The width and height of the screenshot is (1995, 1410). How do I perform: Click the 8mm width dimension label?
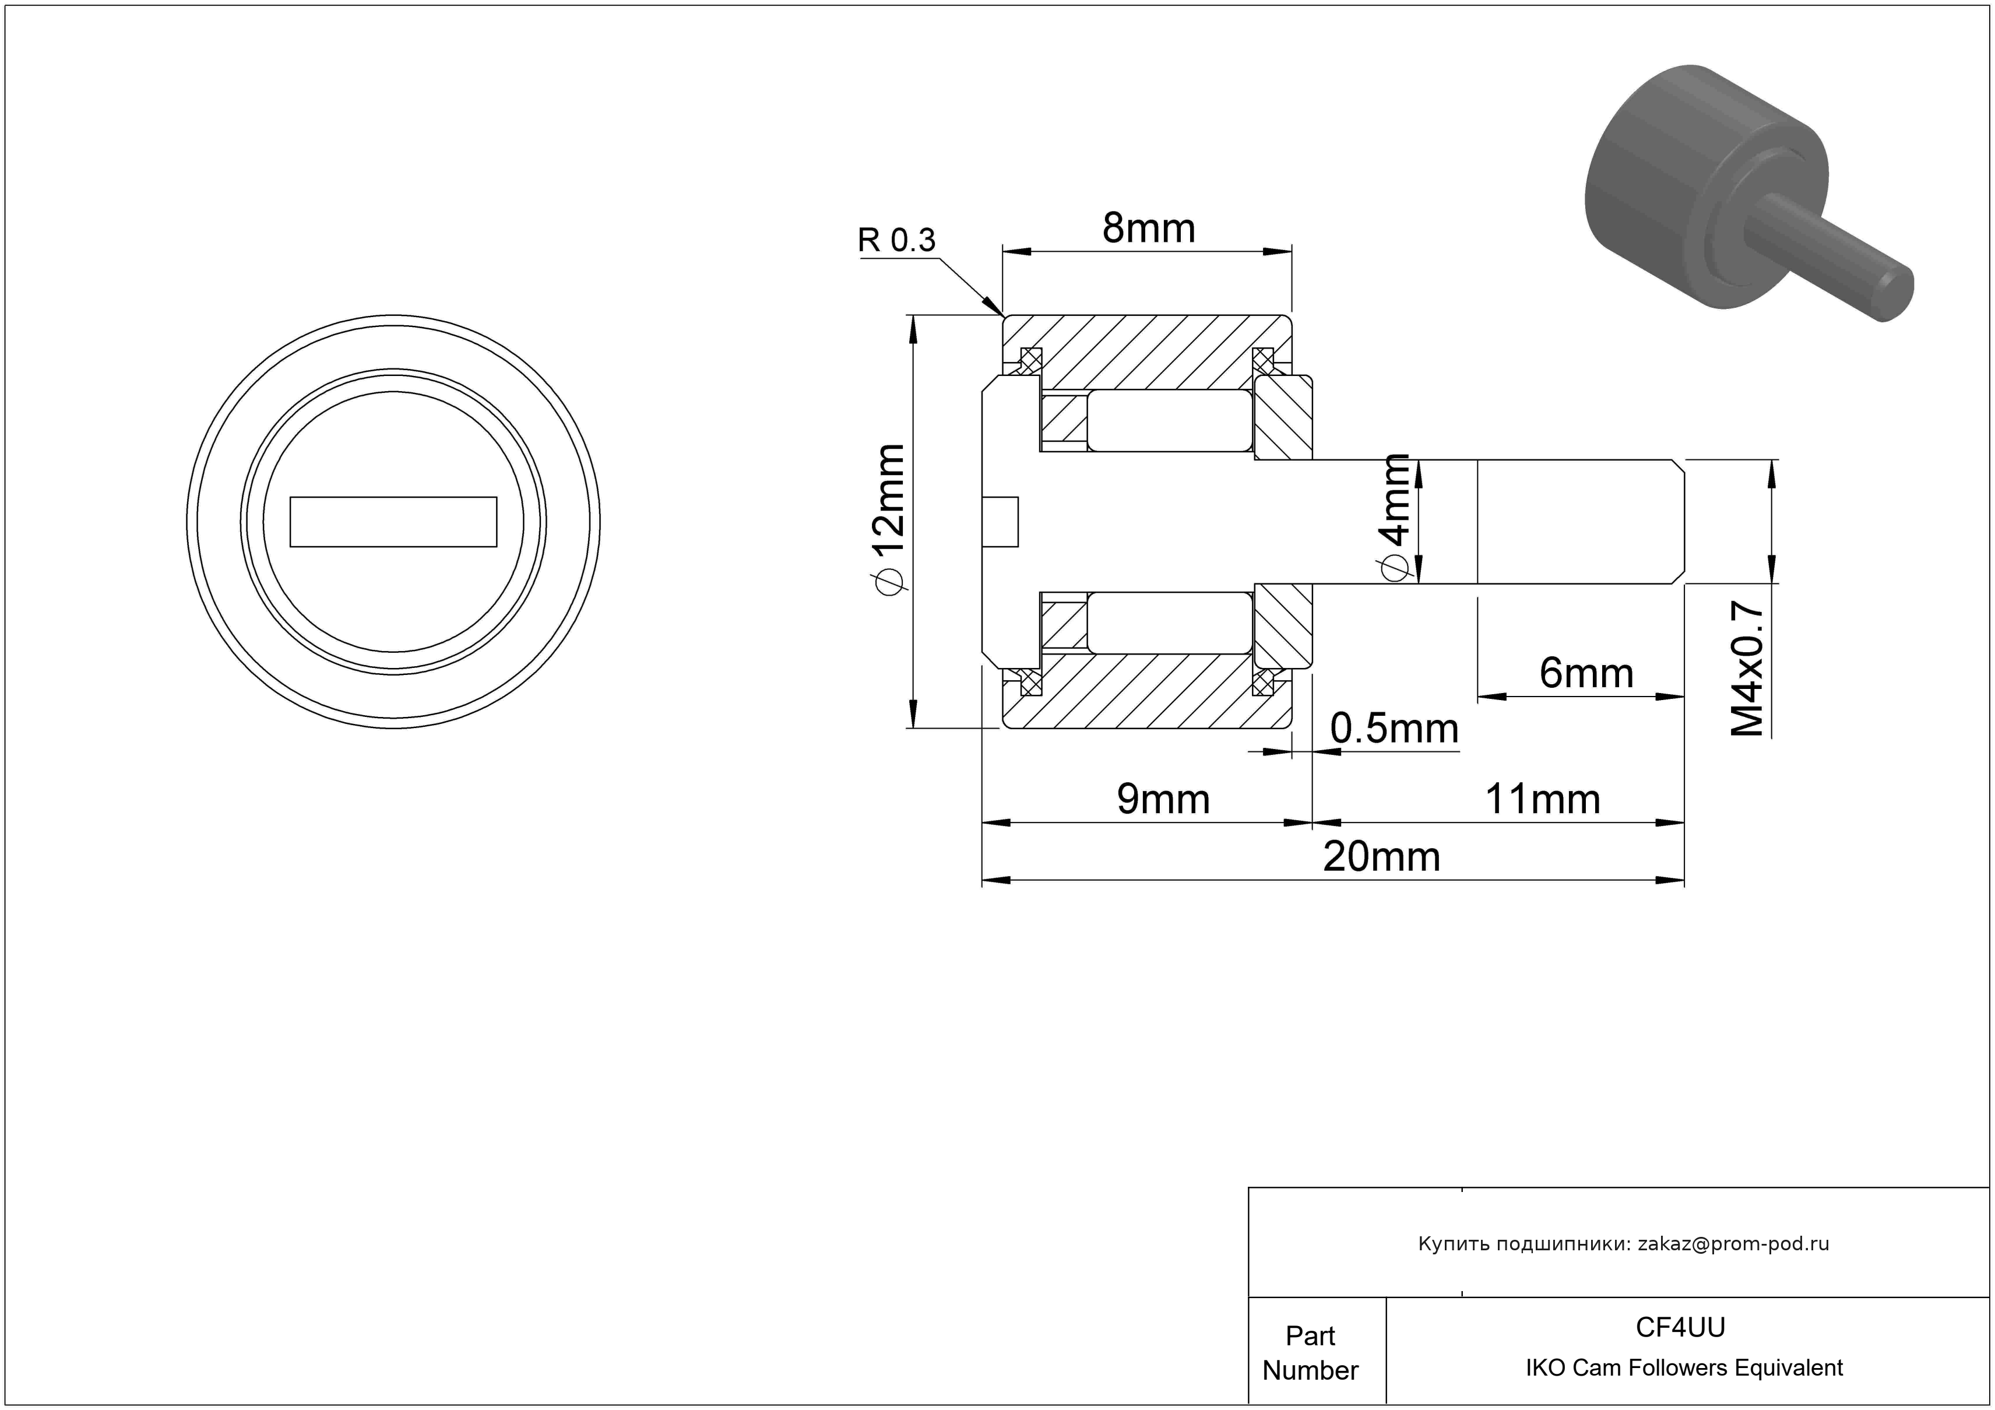(1149, 228)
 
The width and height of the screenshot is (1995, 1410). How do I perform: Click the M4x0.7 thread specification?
(1747, 670)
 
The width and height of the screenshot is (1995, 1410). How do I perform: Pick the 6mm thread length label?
(1586, 673)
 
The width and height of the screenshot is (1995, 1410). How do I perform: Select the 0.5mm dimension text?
(1395, 729)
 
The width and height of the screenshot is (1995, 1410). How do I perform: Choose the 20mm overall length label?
(1381, 857)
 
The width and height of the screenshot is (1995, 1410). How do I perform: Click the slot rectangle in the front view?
(393, 522)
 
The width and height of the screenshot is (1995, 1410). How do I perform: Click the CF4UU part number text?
(1680, 1327)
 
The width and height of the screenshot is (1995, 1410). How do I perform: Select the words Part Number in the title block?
(1310, 1353)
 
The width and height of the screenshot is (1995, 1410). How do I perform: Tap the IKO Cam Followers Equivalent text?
(1684, 1368)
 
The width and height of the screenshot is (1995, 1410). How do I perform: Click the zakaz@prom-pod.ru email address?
(1733, 1244)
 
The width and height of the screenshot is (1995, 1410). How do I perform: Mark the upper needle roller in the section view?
(1170, 420)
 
